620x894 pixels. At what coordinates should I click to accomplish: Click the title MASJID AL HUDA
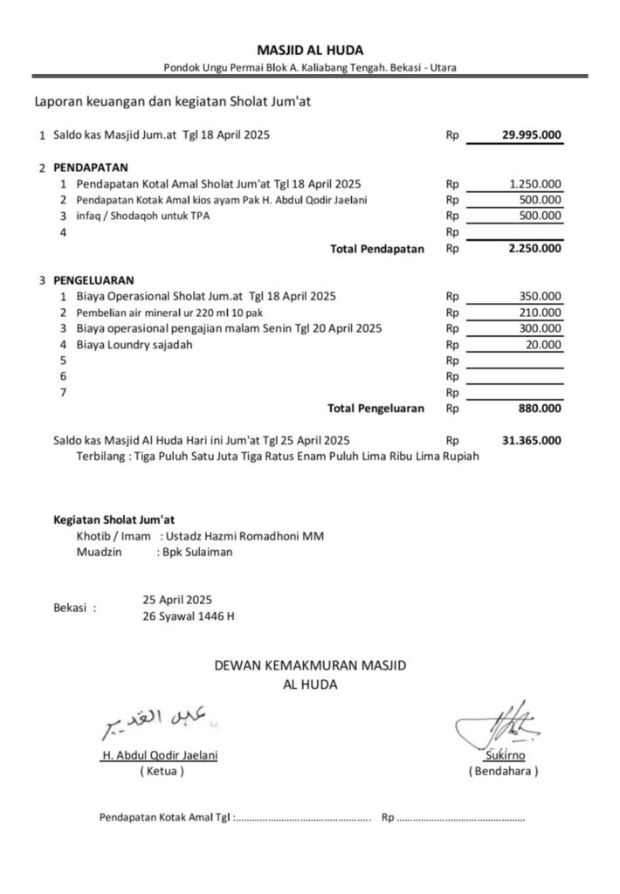coord(310,50)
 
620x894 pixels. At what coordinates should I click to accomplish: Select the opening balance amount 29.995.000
coord(531,135)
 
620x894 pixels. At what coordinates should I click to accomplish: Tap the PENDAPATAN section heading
coord(91,166)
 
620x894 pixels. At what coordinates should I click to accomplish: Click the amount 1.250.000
coord(535,184)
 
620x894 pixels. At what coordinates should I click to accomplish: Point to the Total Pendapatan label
coord(377,249)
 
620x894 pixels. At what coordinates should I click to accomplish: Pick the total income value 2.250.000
coord(534,249)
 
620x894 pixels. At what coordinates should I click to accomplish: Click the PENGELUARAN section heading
coord(93,280)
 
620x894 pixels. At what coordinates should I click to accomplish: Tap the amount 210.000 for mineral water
coord(541,313)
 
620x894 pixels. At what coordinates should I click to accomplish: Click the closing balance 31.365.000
coord(532,440)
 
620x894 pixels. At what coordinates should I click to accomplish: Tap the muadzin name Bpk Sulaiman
coord(195,553)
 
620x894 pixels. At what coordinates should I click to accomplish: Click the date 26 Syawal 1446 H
coord(189,616)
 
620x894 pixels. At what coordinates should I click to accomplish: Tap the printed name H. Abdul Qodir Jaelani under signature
coord(159,756)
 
